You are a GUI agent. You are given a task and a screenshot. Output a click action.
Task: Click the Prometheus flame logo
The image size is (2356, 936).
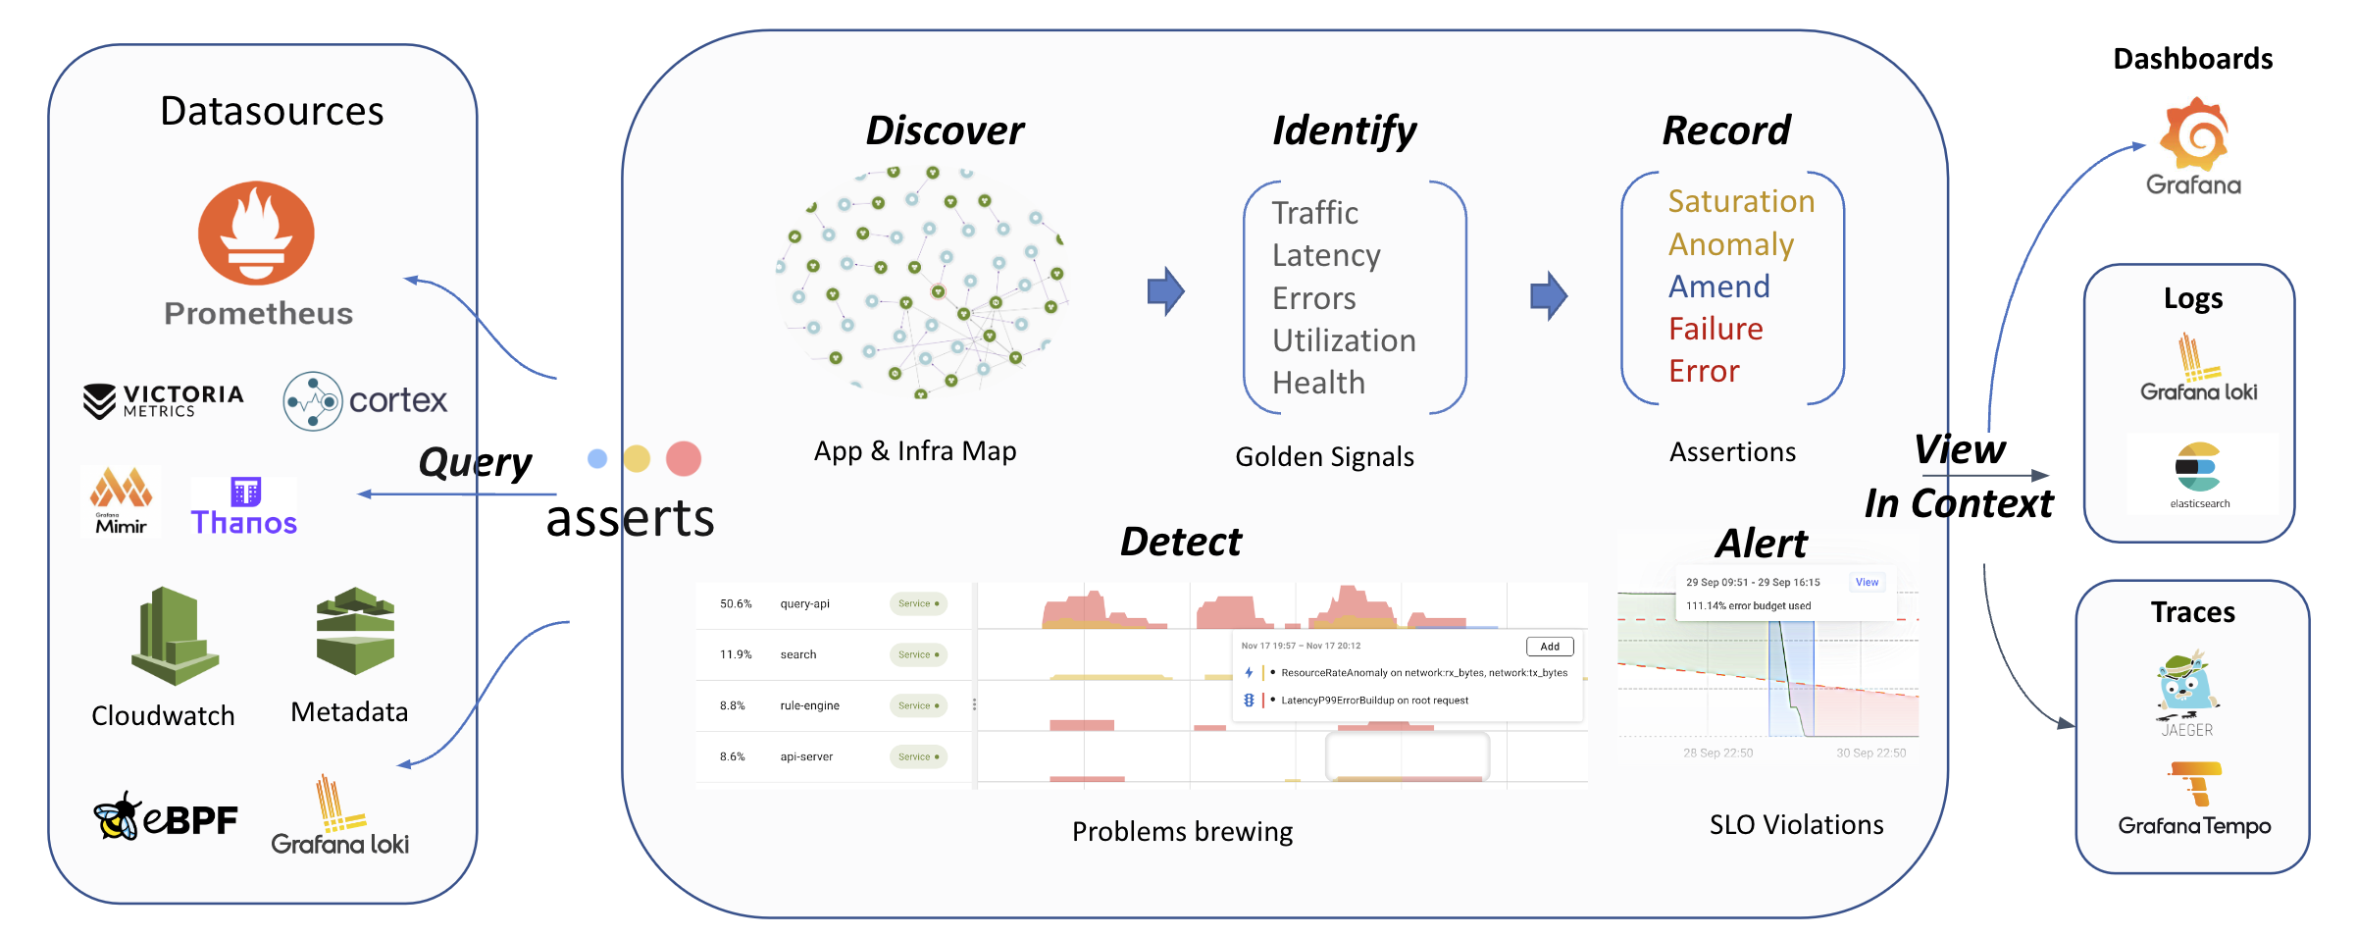pos(256,234)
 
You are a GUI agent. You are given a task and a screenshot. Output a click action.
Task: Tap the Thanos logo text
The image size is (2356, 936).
pos(244,522)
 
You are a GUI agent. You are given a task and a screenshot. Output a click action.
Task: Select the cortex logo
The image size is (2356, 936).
pos(365,400)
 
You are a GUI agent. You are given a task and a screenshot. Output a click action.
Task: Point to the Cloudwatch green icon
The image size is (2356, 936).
pos(174,635)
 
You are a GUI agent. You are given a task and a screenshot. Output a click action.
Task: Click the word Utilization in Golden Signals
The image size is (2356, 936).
pos(1344,340)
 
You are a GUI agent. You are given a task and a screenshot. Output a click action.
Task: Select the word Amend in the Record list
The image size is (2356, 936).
pos(1718,286)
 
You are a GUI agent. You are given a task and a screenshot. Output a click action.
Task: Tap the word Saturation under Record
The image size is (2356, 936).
pos(1741,201)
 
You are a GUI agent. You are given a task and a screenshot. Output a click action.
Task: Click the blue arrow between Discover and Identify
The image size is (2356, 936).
pos(1165,291)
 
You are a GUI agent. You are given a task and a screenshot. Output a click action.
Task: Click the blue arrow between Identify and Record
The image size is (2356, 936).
pos(1548,295)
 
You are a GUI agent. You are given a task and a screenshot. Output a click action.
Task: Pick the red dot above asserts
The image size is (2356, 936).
pos(683,458)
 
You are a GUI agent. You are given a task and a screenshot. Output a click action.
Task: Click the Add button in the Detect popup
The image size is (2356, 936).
pos(1550,647)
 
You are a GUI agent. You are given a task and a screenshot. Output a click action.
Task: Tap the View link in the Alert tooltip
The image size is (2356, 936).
pos(1867,582)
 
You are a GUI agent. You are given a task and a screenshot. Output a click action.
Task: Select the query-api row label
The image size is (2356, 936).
pos(804,603)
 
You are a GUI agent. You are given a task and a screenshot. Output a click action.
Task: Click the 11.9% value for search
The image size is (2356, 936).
pos(735,654)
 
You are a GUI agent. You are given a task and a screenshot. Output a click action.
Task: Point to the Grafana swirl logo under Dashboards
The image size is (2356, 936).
pos(2194,134)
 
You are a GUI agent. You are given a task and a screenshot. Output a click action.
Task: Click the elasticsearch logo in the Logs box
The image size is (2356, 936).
pos(2198,468)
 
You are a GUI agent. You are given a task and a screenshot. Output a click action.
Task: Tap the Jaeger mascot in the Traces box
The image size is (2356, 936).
pos(2186,683)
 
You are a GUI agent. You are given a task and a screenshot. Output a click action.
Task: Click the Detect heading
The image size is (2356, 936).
pos(1180,542)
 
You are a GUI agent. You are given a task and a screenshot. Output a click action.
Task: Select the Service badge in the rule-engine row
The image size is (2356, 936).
pos(918,705)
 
